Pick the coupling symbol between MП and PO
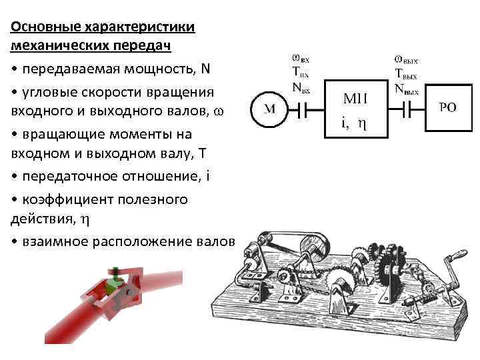407,109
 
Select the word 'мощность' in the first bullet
163,69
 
